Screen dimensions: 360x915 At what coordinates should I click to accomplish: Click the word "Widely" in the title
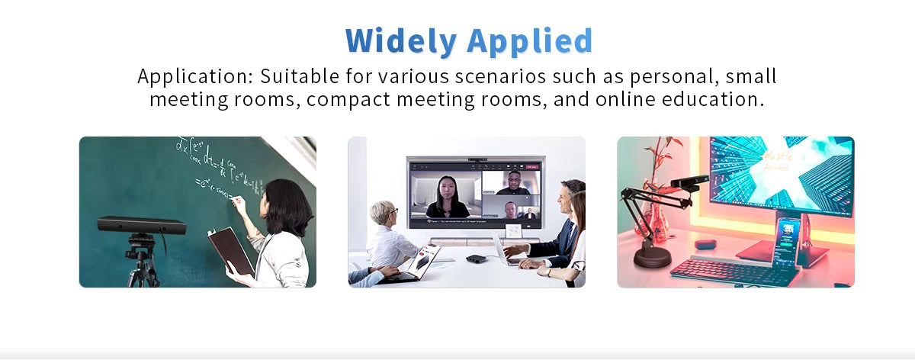(400, 40)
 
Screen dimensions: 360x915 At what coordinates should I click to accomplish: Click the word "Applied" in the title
(530, 40)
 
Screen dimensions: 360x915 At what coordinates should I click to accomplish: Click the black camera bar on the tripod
(142, 226)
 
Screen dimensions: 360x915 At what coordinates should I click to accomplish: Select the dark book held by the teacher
(230, 249)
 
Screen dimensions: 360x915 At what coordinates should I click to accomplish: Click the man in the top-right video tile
(512, 182)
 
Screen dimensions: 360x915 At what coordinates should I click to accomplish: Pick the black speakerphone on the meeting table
(476, 259)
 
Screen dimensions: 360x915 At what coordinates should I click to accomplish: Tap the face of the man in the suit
(563, 201)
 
